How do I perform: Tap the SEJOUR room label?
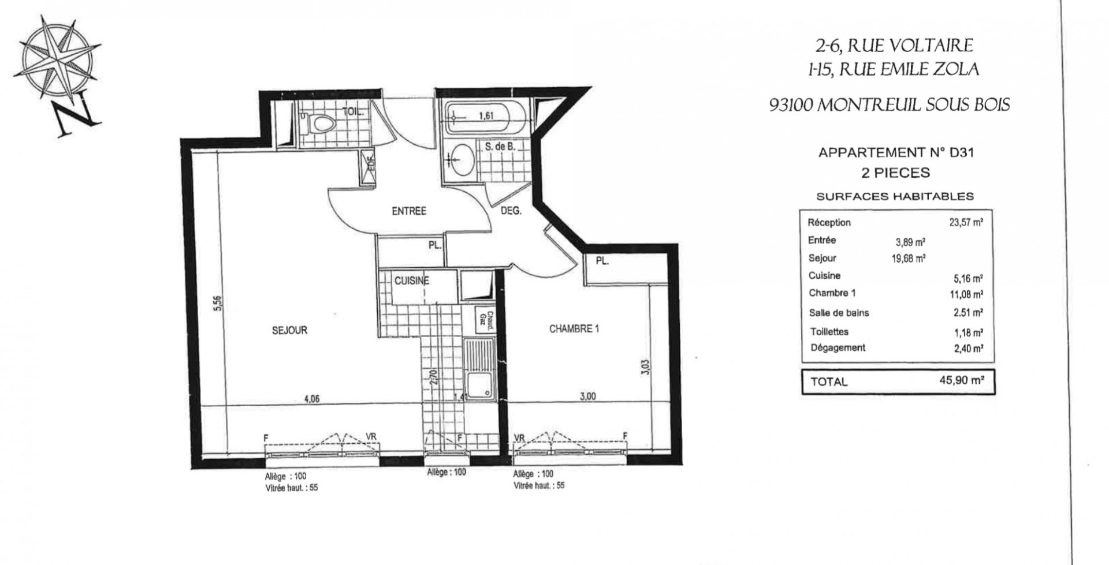pyautogui.click(x=290, y=331)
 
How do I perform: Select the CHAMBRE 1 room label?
pyautogui.click(x=574, y=329)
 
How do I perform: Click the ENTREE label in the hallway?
pyautogui.click(x=408, y=211)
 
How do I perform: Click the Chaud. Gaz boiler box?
pyautogui.click(x=486, y=321)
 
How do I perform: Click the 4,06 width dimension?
pyautogui.click(x=311, y=398)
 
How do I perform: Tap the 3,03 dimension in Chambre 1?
pyautogui.click(x=645, y=368)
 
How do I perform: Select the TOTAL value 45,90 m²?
pyautogui.click(x=961, y=380)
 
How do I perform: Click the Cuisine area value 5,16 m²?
pyautogui.click(x=968, y=278)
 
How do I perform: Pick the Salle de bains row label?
pyautogui.click(x=839, y=313)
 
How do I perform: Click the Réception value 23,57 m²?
pyautogui.click(x=966, y=223)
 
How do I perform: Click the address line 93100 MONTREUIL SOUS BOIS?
pyautogui.click(x=890, y=105)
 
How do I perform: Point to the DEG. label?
pyautogui.click(x=511, y=211)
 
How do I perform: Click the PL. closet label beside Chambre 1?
pyautogui.click(x=602, y=261)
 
